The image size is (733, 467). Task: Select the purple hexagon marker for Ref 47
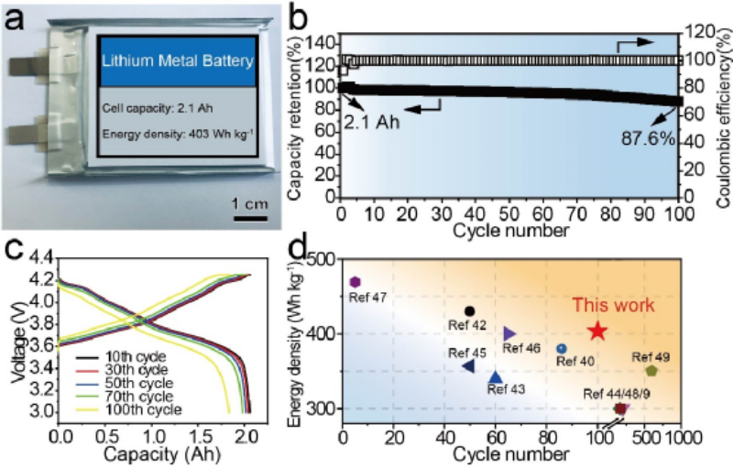coord(356,282)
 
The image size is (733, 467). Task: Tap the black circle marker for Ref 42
coord(470,311)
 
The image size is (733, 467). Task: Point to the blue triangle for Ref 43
coord(496,376)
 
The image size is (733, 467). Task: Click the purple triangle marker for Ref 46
coord(510,333)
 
